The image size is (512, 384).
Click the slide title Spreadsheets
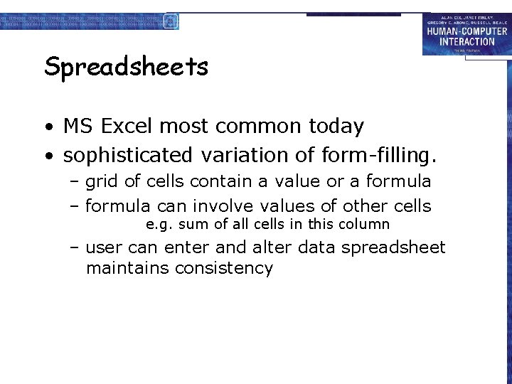(126, 68)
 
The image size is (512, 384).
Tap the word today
(336, 127)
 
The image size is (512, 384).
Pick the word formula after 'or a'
(398, 181)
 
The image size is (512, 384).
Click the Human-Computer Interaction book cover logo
(466, 34)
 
